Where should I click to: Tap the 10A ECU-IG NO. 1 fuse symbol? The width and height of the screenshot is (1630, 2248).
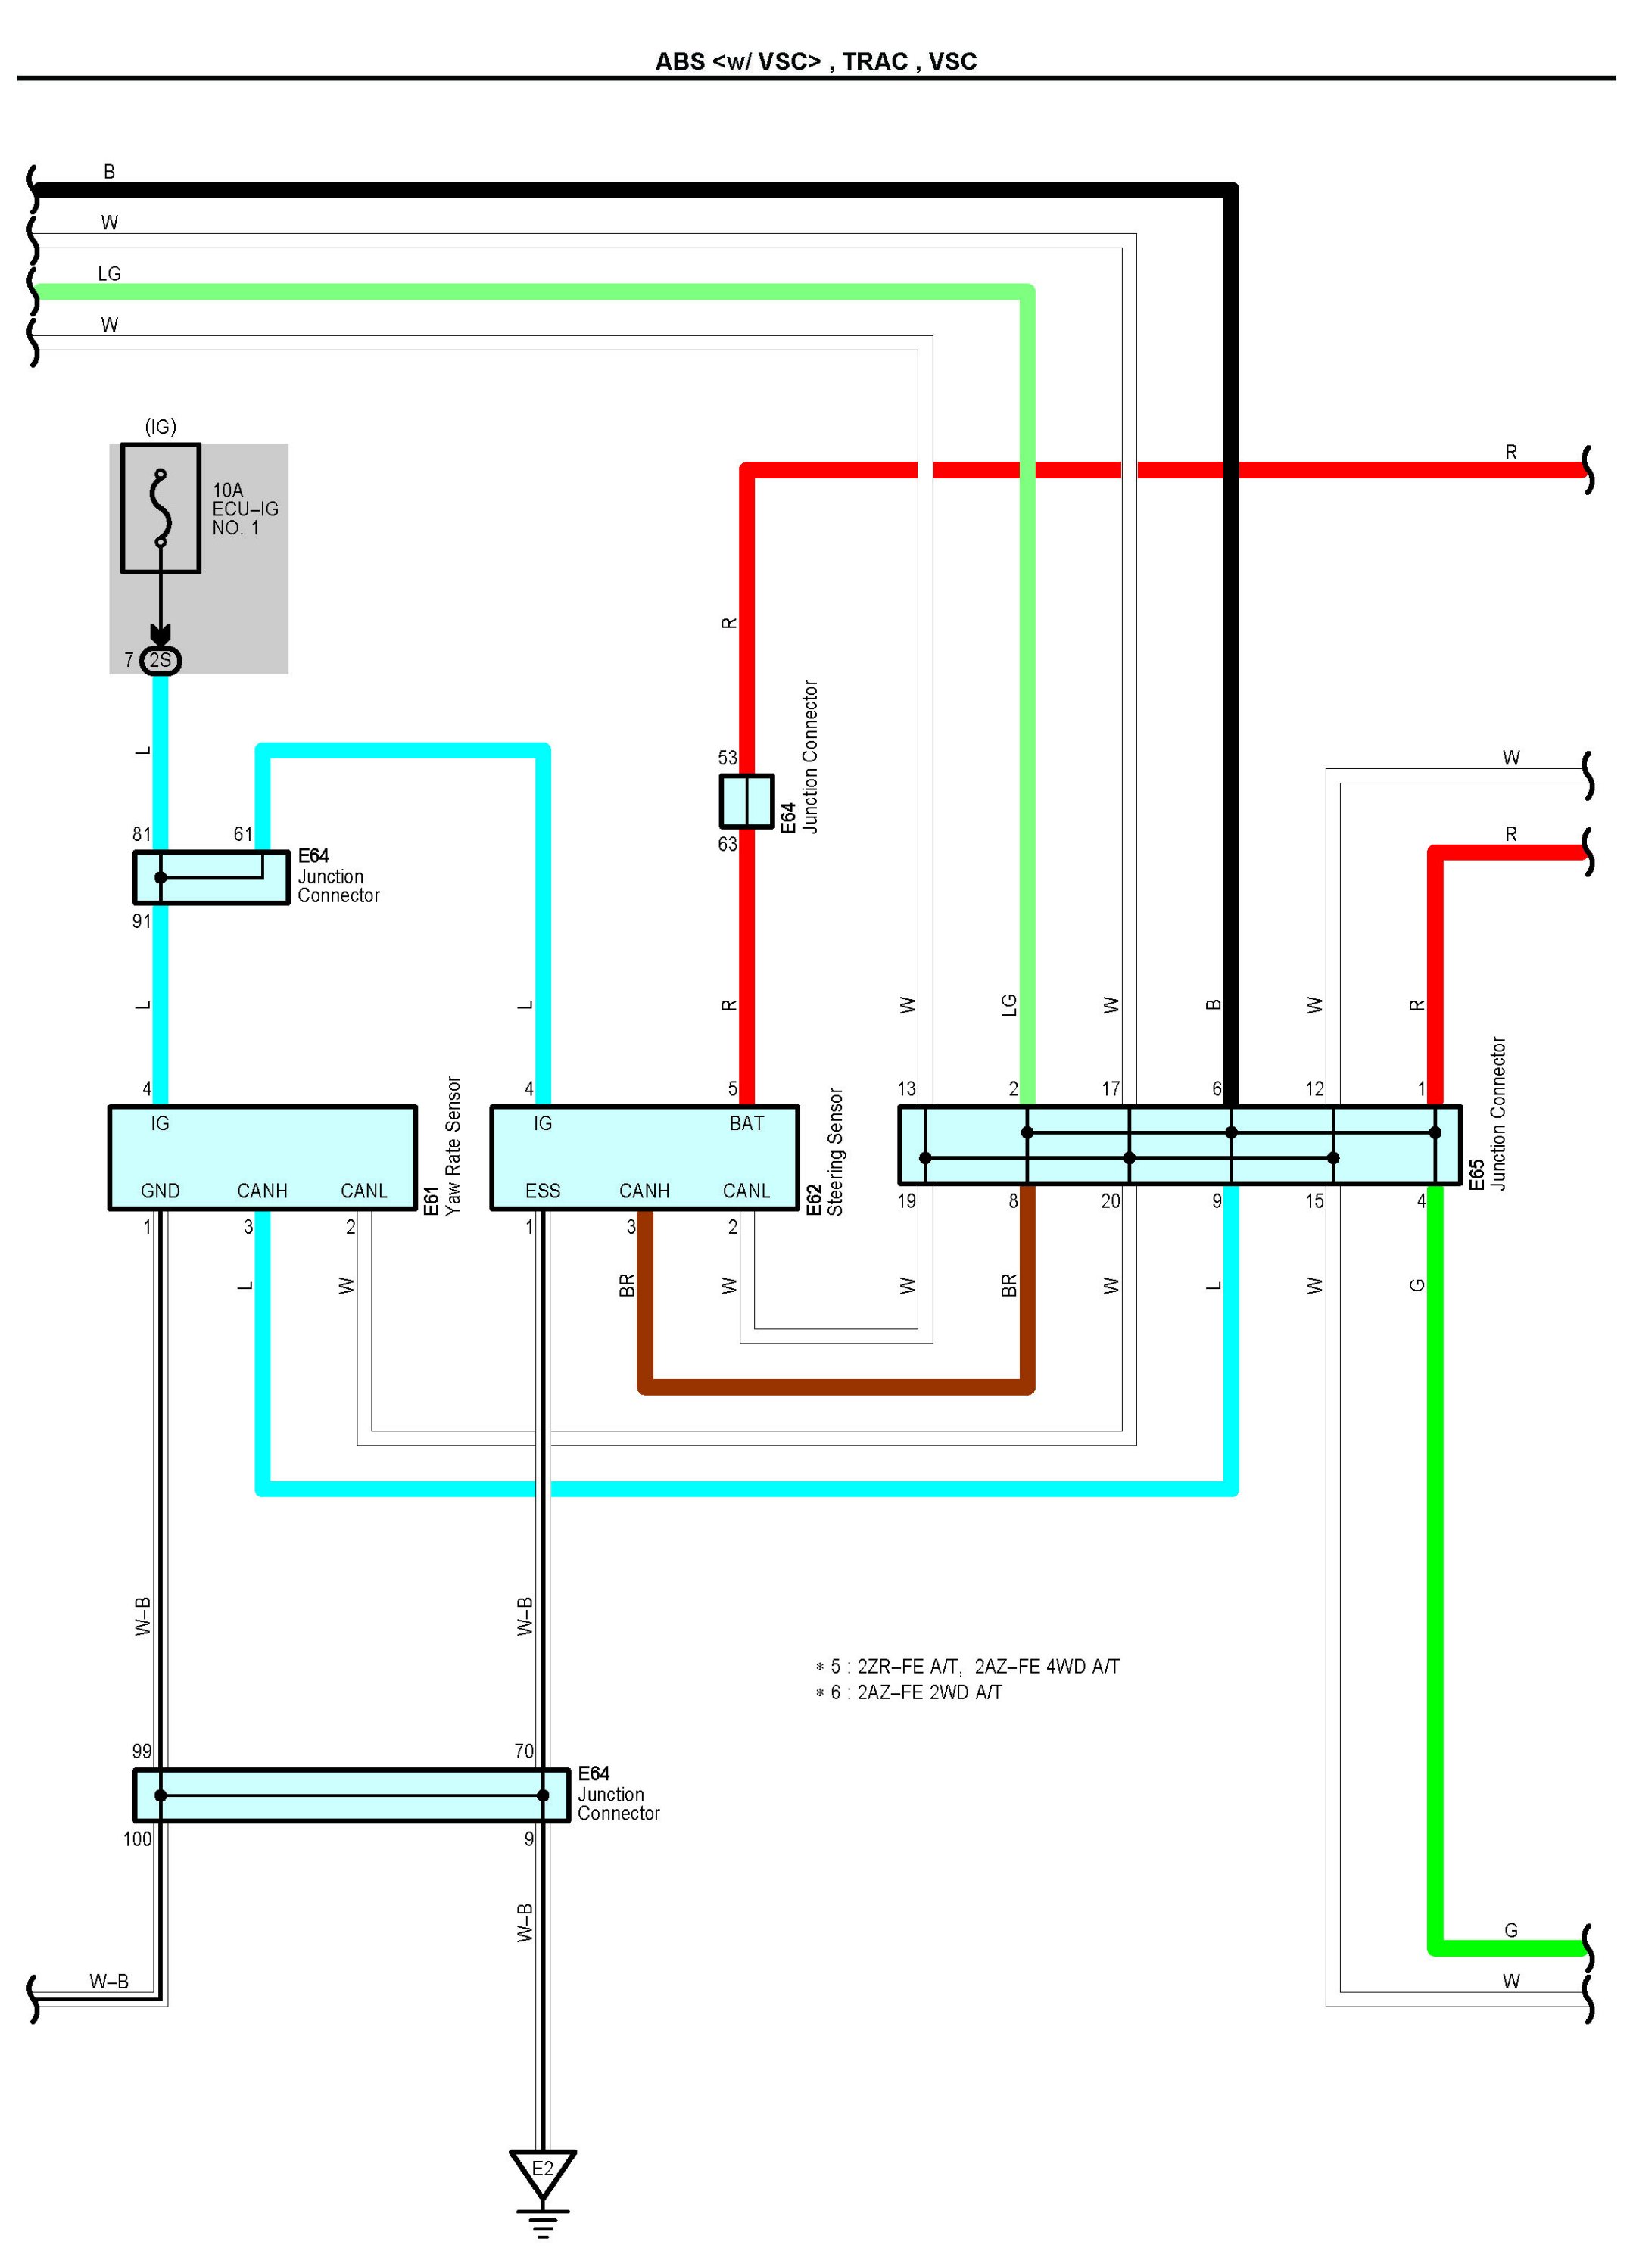coord(161,507)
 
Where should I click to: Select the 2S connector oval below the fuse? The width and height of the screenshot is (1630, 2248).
coord(160,660)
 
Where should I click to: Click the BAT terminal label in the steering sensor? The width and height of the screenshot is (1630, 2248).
coord(746,1123)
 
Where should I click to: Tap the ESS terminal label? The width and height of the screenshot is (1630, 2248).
coord(542,1191)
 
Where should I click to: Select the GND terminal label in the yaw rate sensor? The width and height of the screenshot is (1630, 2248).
coord(161,1191)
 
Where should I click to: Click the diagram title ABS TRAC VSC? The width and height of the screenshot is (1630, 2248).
coord(815,61)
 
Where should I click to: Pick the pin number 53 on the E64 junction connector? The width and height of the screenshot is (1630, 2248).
coord(728,757)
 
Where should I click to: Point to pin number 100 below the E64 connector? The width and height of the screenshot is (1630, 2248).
coord(138,1839)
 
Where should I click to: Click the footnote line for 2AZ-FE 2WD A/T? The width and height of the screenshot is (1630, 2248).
coord(909,1692)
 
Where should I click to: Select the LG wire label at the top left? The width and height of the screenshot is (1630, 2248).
coord(109,273)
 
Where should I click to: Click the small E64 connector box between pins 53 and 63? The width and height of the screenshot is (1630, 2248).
coord(746,801)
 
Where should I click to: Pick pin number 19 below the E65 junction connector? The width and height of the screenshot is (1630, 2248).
coord(906,1201)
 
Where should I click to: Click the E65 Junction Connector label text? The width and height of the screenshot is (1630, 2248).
coord(1498,1114)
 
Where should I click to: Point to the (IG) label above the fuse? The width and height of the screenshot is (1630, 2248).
coord(161,426)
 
